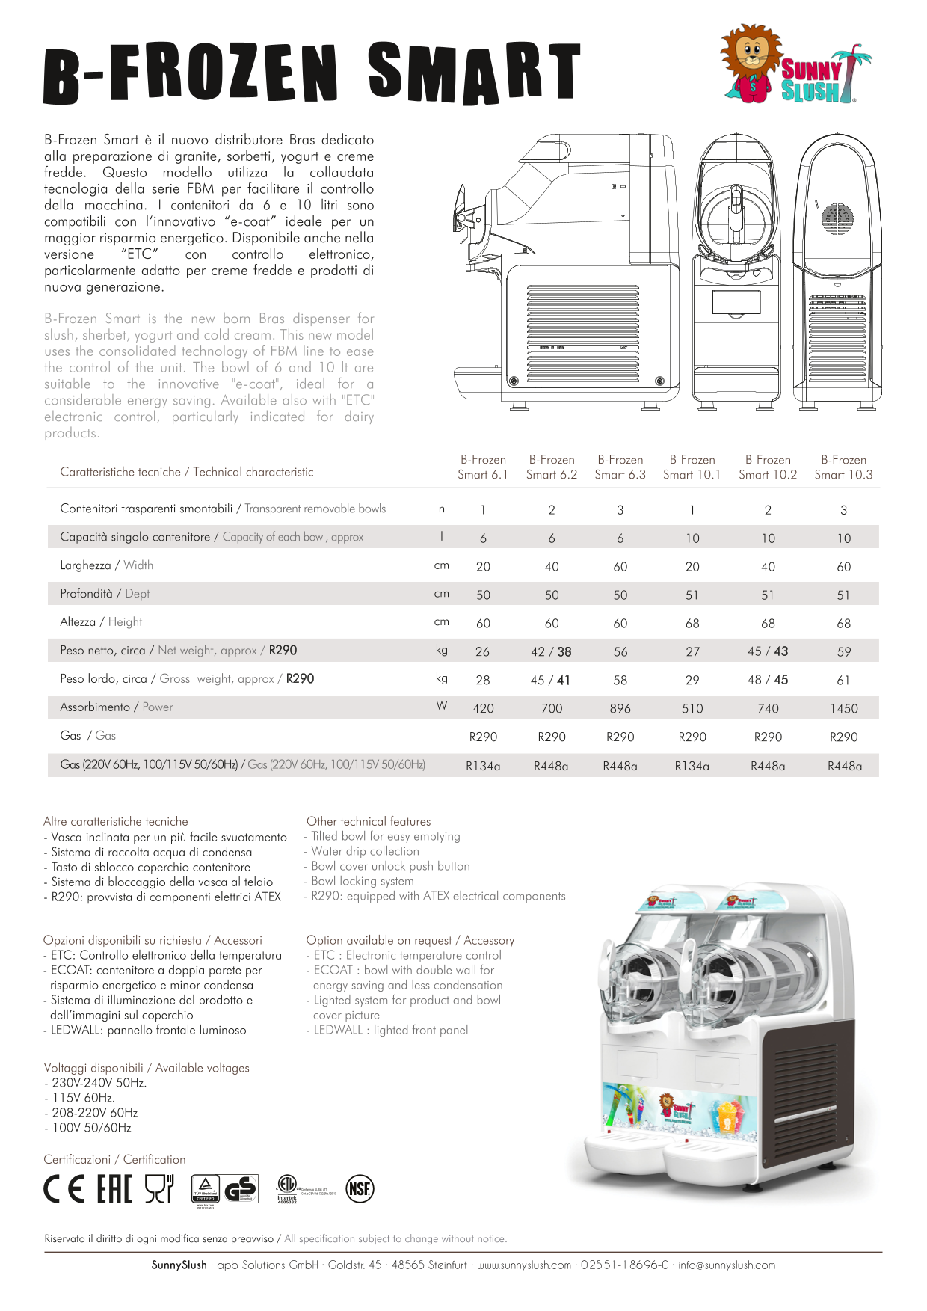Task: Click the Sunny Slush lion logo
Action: [x=794, y=64]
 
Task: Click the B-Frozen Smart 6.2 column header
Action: [x=552, y=467]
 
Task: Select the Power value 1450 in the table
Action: [x=843, y=708]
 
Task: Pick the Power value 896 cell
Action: [x=620, y=708]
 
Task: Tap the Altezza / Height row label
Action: [x=101, y=622]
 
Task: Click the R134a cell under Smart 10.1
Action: [x=692, y=766]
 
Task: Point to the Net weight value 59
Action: [x=843, y=651]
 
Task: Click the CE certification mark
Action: [x=64, y=1189]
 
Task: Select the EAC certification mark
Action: [x=114, y=1189]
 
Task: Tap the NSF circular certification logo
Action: [x=360, y=1189]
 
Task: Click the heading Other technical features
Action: [x=369, y=821]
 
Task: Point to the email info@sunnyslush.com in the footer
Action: [x=727, y=1265]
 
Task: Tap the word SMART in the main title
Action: [x=474, y=73]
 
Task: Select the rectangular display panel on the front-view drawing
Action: [x=736, y=302]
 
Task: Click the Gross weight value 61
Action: [x=843, y=680]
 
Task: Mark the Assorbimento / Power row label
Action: [x=117, y=707]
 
